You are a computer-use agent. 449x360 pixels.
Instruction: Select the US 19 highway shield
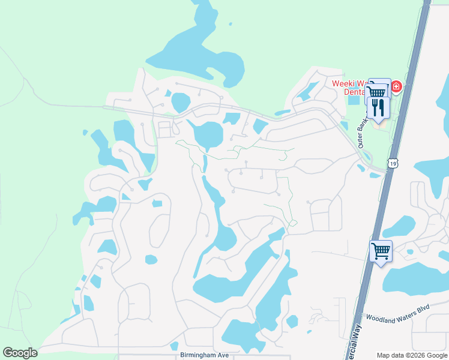393,163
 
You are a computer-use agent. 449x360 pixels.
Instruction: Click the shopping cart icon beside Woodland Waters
381,250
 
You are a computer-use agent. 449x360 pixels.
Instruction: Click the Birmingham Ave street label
205,355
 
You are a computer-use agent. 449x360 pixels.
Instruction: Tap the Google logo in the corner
20,353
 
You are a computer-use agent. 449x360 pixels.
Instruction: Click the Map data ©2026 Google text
411,355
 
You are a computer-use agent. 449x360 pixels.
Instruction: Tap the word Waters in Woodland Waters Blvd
407,317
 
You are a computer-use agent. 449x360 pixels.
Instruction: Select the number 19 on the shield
393,163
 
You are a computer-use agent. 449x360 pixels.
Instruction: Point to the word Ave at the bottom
223,355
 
